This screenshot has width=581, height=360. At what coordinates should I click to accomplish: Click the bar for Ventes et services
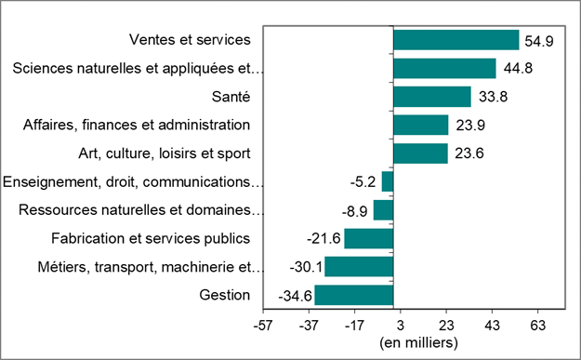[x=456, y=40]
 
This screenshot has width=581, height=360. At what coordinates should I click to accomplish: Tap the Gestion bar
[x=353, y=296]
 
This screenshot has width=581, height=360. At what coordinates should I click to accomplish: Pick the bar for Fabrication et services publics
[x=368, y=239]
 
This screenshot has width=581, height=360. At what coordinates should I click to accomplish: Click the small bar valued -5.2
[x=388, y=182]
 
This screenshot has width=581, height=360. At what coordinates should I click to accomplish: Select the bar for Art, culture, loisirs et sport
[x=420, y=153]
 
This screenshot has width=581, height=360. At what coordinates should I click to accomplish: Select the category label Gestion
[x=225, y=295]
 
